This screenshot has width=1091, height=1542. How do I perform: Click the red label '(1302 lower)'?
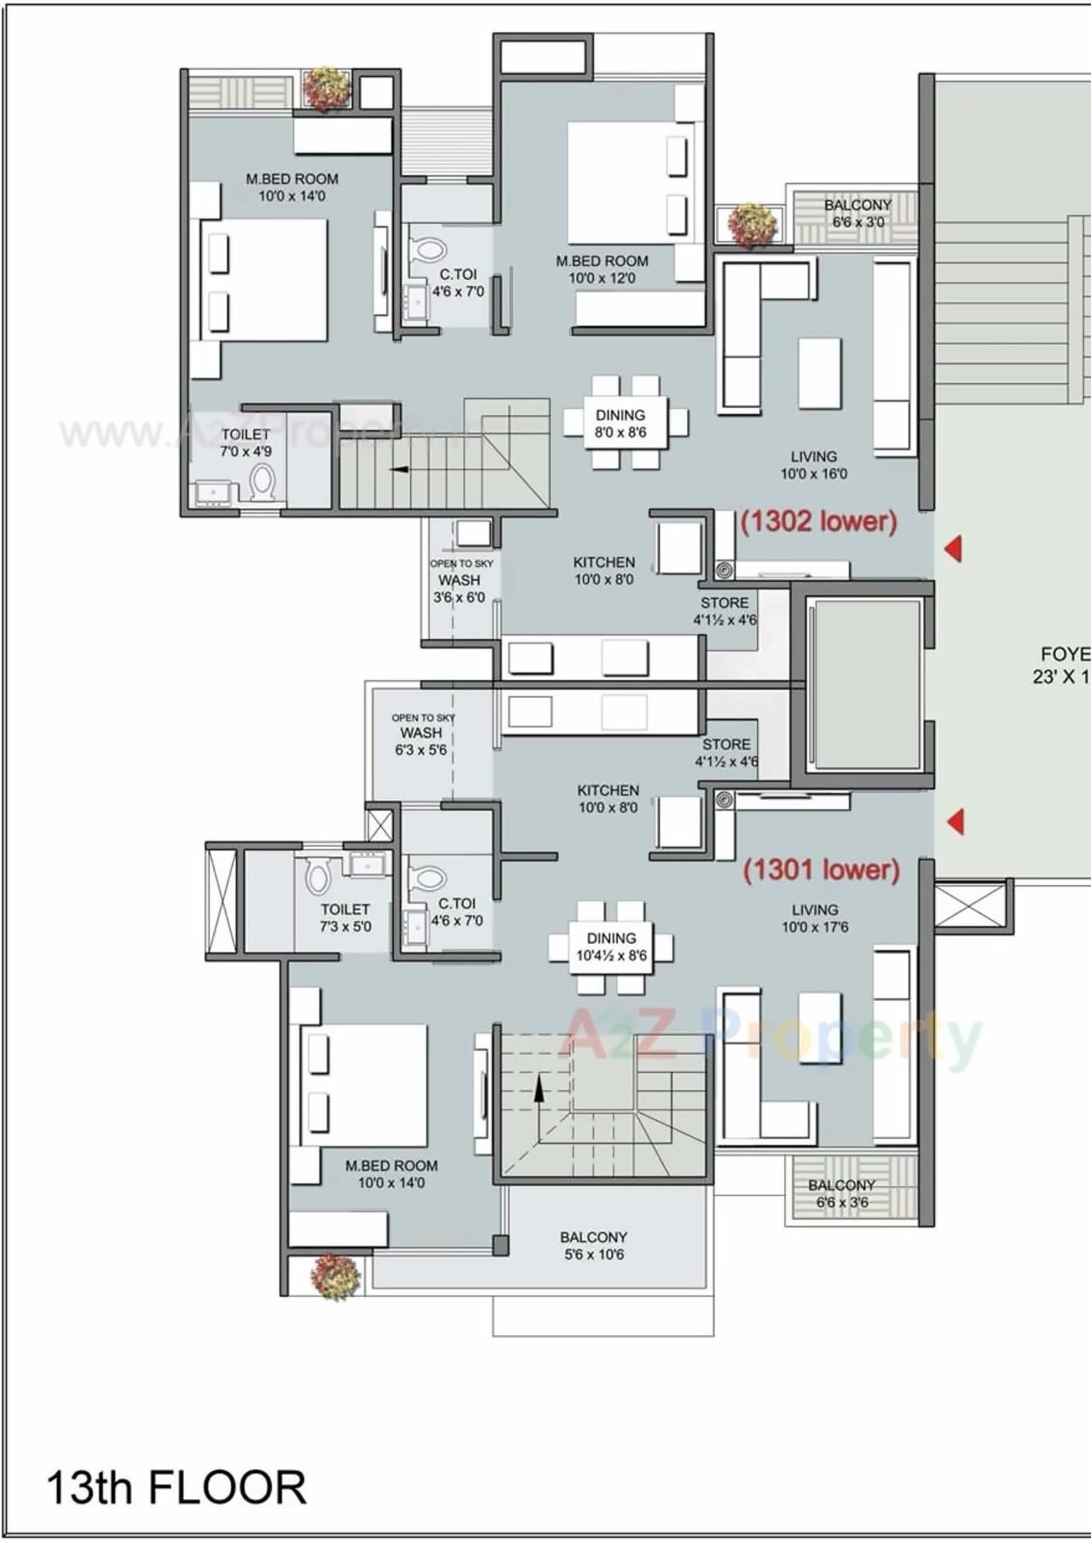click(818, 521)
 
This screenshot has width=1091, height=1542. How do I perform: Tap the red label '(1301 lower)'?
click(821, 869)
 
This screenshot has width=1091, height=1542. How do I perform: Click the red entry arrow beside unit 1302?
click(954, 549)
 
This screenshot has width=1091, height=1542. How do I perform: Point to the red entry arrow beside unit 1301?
click(955, 821)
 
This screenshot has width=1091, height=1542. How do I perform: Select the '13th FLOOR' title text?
click(176, 1487)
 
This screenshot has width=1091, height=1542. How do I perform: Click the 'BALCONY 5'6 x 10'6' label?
click(593, 1245)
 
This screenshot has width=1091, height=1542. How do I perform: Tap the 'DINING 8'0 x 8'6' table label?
click(620, 423)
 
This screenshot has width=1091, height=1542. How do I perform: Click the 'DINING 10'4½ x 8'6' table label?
click(610, 946)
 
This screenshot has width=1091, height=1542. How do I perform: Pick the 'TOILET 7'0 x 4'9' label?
click(246, 443)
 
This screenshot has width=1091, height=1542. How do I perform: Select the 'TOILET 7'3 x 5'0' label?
click(345, 918)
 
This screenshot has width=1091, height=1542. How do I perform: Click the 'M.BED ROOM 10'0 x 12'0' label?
click(602, 269)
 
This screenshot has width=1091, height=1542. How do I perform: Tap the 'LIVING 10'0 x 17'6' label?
click(815, 918)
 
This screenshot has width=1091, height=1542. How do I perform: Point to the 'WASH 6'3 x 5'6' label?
click(421, 734)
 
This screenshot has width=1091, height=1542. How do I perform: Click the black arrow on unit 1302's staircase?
click(399, 469)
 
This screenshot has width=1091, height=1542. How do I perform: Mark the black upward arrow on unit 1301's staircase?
click(539, 1088)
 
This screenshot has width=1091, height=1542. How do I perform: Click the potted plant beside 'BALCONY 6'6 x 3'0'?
click(752, 224)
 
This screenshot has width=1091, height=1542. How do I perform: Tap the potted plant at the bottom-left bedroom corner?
click(334, 1275)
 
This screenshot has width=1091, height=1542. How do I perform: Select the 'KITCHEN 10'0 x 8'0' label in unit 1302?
click(603, 571)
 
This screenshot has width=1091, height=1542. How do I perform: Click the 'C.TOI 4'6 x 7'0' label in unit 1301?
click(457, 912)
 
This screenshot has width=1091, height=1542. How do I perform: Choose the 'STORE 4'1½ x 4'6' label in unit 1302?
click(724, 611)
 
